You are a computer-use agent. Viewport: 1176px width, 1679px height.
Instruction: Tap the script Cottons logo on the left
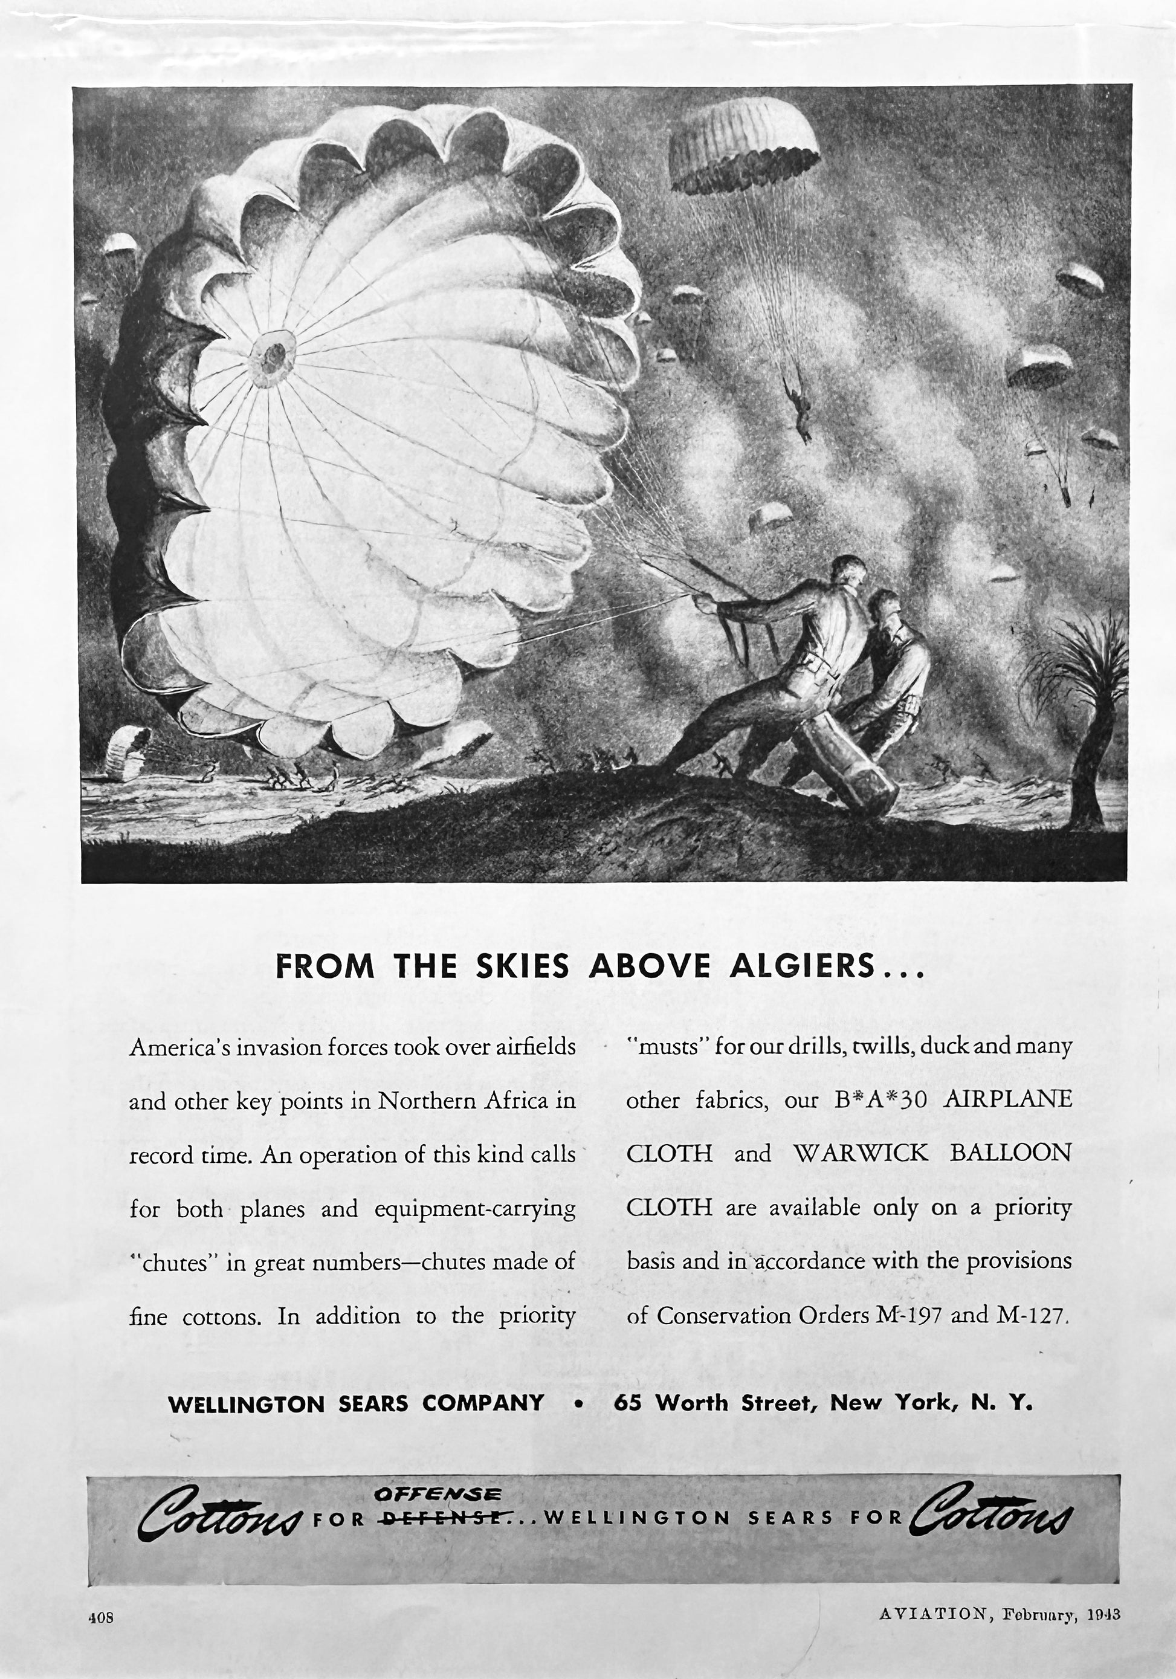pos(220,1512)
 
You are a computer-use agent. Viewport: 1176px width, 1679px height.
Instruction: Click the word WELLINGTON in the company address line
pos(246,1403)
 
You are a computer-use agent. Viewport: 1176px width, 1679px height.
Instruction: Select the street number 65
pos(627,1403)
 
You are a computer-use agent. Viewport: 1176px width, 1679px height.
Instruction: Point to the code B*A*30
pos(880,1100)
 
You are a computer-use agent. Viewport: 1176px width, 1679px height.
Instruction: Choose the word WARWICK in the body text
pos(860,1153)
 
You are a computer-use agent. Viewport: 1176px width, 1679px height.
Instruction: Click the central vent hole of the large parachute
pos(274,355)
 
